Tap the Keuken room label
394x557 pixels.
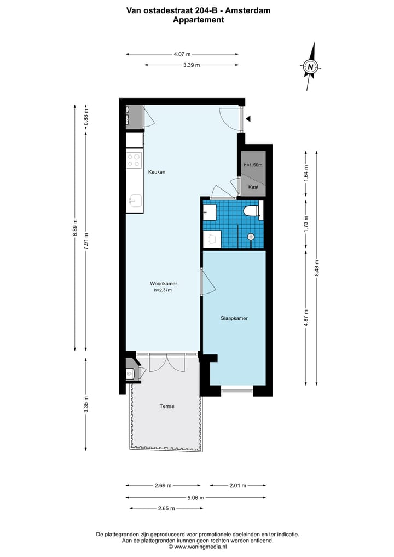point(157,172)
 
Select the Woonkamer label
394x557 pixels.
point(163,283)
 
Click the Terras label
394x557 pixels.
point(167,406)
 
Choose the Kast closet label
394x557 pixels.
point(253,187)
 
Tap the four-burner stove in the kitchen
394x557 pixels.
point(134,160)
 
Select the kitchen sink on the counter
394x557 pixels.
point(135,202)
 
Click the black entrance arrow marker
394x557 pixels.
point(248,118)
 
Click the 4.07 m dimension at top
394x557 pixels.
point(182,54)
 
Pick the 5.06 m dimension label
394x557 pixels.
point(195,498)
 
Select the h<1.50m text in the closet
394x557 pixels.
point(253,165)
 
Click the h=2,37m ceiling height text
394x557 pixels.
point(163,290)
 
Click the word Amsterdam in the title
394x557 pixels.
point(248,10)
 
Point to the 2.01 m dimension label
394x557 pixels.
point(237,485)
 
